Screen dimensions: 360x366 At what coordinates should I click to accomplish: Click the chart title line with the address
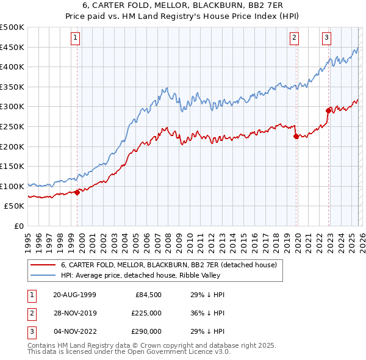tap(183, 5)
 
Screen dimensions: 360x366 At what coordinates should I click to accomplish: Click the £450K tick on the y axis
tap(12, 47)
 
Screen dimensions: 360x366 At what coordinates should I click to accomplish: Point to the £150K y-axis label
tap(12, 166)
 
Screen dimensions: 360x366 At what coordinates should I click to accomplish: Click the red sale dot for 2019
tap(296, 137)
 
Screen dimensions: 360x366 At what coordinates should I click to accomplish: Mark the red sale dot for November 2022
tap(328, 110)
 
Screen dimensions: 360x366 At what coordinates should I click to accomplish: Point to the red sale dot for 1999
tap(77, 192)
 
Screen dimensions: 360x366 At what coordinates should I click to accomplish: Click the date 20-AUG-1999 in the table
tap(74, 294)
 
